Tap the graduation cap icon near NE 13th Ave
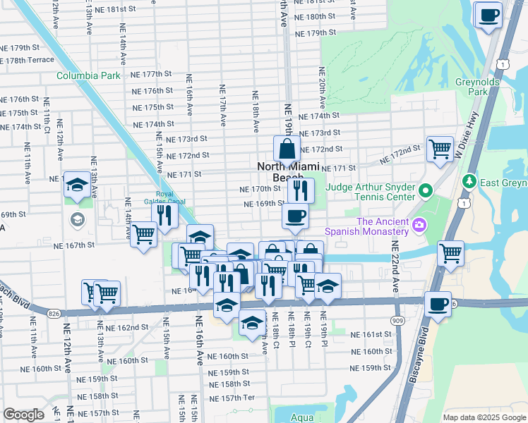[77, 186]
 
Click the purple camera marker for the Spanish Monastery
[420, 226]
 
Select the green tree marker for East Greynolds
[468, 182]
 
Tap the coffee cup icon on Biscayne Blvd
[438, 304]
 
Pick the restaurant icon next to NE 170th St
[301, 190]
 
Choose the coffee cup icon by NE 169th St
[295, 216]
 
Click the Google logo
[23, 415]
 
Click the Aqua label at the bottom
[301, 417]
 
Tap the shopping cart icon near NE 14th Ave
[144, 234]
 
